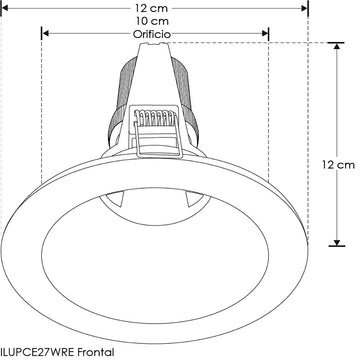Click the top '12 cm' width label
point(152,8)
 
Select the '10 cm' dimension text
point(152,21)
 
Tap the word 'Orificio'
point(153,34)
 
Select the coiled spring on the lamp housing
point(154,120)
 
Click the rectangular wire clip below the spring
point(154,145)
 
